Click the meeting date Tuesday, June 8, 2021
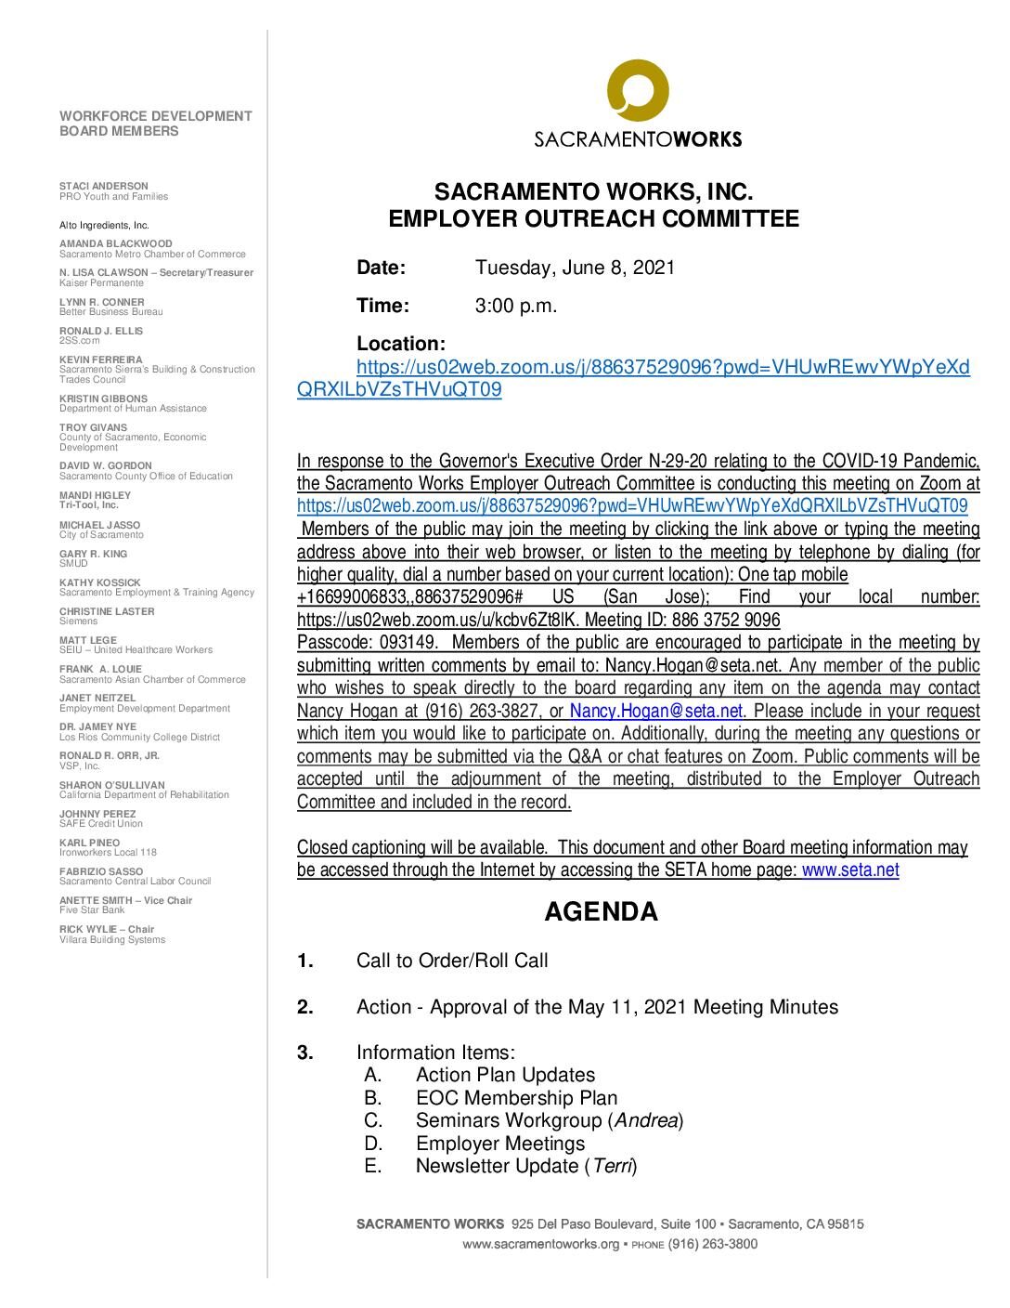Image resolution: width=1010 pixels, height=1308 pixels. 575,268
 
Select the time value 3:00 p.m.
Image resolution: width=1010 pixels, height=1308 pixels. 516,306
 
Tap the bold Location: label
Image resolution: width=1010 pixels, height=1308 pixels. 401,344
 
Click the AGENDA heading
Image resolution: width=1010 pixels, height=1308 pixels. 601,912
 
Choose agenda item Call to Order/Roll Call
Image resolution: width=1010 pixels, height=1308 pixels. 452,961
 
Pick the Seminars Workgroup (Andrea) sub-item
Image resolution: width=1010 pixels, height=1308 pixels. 549,1120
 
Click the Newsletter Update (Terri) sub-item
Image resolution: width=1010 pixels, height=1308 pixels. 525,1166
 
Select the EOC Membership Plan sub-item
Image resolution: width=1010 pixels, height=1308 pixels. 516,1098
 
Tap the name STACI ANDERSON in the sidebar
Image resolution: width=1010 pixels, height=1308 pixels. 104,186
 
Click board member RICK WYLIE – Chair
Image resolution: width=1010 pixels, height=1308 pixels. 107,929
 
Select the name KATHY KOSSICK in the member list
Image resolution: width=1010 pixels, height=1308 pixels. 100,582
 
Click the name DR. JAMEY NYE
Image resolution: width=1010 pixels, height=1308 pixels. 97,726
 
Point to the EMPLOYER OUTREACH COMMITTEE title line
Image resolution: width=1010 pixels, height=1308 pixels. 593,219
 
